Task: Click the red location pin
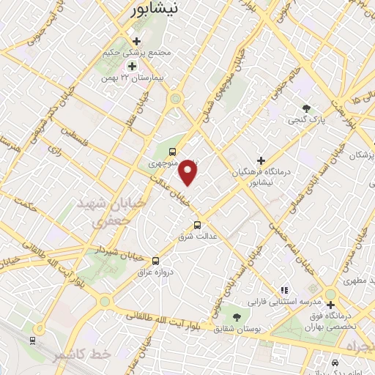pyautogui.click(x=189, y=172)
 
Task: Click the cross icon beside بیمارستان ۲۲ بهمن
pyautogui.click(x=132, y=66)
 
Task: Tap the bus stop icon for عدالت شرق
pyautogui.click(x=196, y=226)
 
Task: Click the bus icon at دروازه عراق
pyautogui.click(x=155, y=261)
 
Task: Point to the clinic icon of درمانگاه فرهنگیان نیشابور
pyautogui.click(x=261, y=160)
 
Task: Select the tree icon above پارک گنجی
pyautogui.click(x=306, y=108)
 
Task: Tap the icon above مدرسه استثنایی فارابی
pyautogui.click(x=283, y=290)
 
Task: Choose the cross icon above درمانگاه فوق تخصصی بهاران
pyautogui.click(x=330, y=305)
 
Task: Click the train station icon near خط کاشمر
pyautogui.click(x=32, y=340)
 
